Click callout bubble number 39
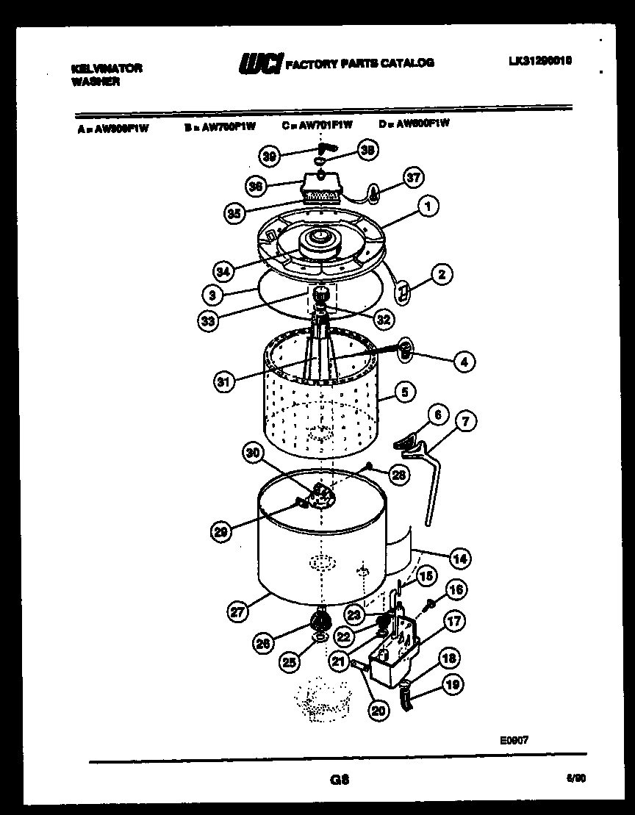tap(270, 156)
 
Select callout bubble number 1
tap(426, 208)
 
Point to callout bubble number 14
tap(460, 558)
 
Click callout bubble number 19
tap(453, 685)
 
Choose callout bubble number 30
tap(254, 454)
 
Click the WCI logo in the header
tap(259, 64)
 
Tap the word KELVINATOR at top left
tap(107, 68)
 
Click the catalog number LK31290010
tap(539, 62)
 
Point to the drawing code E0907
tap(513, 741)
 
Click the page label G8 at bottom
tap(339, 781)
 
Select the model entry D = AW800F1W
tap(414, 123)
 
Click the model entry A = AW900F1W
tap(112, 126)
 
